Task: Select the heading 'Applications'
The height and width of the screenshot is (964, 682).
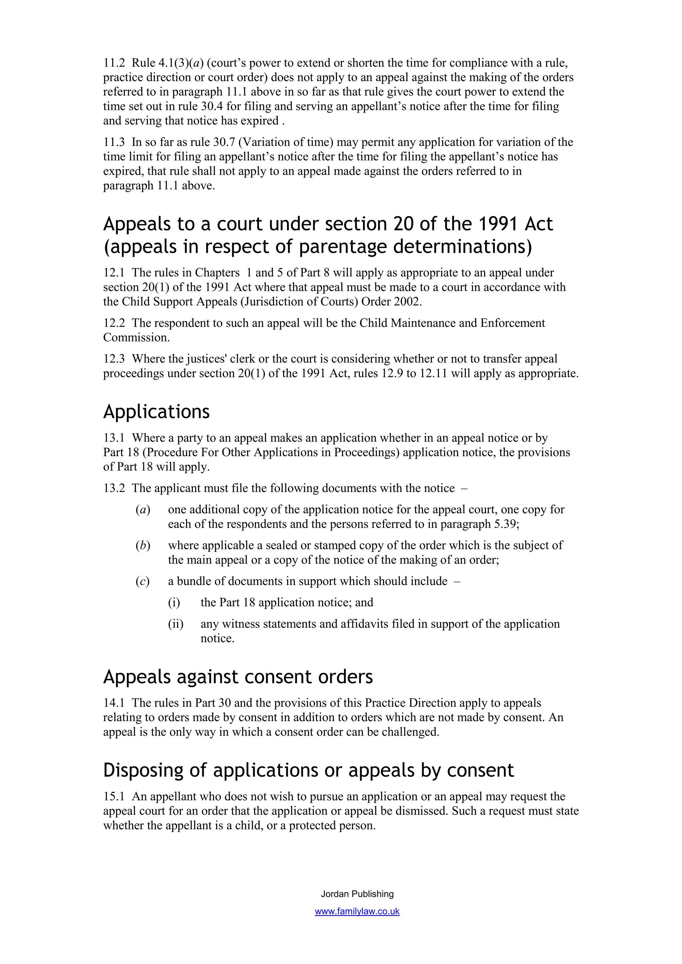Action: click(x=156, y=412)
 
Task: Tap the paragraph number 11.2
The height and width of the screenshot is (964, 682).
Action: click(x=114, y=63)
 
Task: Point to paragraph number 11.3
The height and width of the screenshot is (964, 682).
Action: click(x=114, y=142)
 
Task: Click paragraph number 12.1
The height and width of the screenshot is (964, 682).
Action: click(x=114, y=273)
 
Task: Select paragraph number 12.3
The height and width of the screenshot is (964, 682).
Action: click(x=114, y=359)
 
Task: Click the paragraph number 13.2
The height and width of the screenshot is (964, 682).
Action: click(x=114, y=488)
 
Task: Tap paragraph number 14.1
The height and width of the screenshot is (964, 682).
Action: click(x=114, y=703)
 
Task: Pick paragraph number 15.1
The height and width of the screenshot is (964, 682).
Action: click(x=114, y=796)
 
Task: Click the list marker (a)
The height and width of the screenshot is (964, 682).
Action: click(x=143, y=510)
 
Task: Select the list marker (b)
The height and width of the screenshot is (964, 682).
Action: click(x=143, y=546)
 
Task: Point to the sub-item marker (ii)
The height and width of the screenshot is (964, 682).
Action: click(x=175, y=624)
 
